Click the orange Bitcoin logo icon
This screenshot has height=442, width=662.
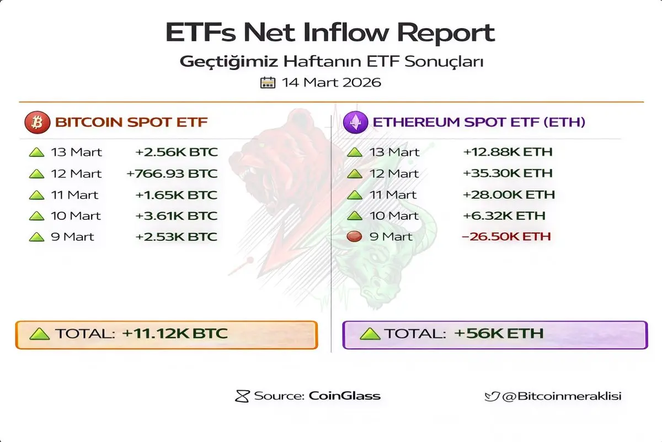click(38, 122)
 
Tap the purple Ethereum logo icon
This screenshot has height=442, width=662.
click(355, 122)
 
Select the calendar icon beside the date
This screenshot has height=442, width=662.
click(268, 82)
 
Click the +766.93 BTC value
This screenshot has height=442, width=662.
click(172, 173)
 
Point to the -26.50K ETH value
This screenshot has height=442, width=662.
click(506, 236)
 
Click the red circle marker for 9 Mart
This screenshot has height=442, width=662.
click(354, 236)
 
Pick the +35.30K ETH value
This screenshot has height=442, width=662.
click(508, 173)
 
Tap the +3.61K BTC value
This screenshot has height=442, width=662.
click(177, 215)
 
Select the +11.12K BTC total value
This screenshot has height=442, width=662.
click(175, 333)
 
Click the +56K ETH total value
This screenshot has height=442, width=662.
click(499, 333)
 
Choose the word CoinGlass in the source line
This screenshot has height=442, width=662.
click(345, 396)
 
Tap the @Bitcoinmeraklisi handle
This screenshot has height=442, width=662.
click(562, 396)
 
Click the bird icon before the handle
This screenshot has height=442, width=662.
click(492, 396)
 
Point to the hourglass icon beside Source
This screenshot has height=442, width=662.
click(242, 396)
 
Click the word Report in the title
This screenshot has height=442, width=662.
click(446, 33)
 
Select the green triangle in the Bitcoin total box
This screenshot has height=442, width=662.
click(40, 334)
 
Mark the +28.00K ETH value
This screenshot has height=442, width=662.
click(509, 194)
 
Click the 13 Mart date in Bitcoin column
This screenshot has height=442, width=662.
click(76, 152)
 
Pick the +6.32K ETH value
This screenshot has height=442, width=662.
click(504, 215)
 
